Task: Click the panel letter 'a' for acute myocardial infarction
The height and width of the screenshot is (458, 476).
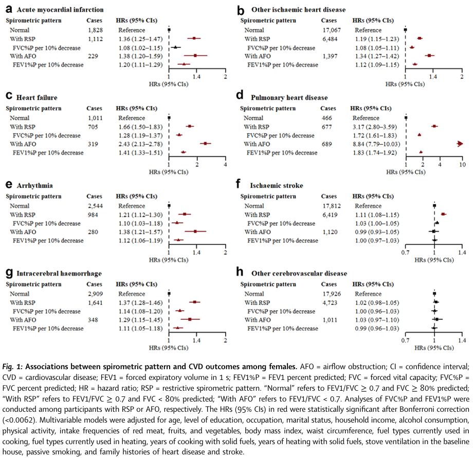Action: click(x=8, y=9)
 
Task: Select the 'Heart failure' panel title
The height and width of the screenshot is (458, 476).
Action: click(x=36, y=98)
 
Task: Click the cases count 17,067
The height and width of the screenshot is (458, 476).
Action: click(x=329, y=30)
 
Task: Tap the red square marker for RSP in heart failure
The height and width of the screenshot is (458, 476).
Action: click(x=190, y=126)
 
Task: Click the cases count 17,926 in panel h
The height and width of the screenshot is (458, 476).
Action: click(x=329, y=294)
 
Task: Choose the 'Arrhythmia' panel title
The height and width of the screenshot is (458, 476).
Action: click(x=33, y=186)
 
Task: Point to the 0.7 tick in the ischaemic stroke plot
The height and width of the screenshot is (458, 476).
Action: click(x=405, y=252)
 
